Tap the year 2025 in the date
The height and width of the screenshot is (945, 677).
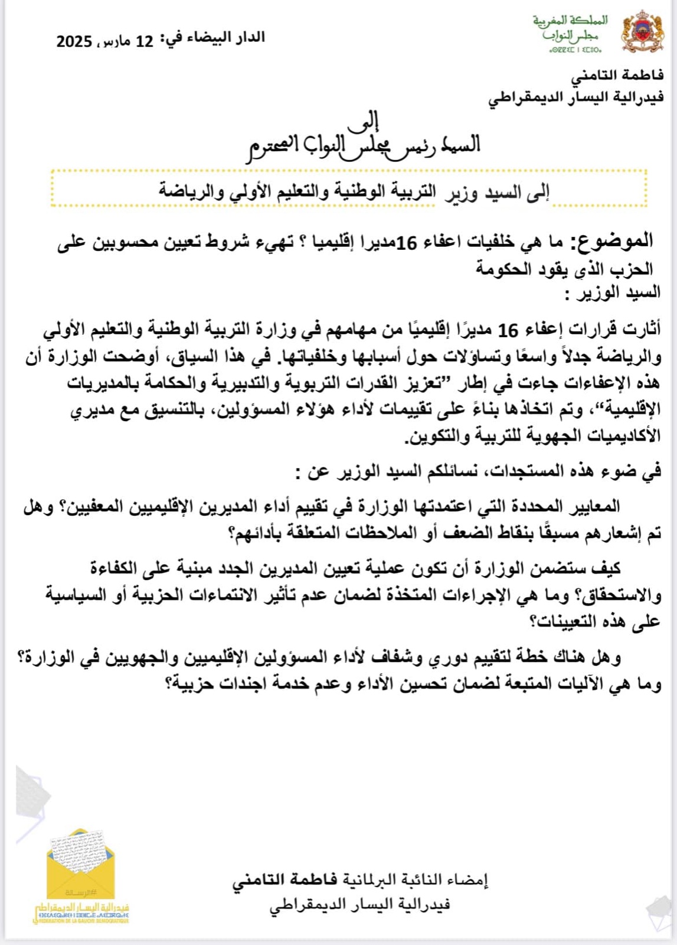pyautogui.click(x=74, y=41)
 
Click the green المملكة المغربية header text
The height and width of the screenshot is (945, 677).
pyautogui.click(x=570, y=21)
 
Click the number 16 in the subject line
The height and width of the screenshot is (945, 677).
pyautogui.click(x=406, y=242)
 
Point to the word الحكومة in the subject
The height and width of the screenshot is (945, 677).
pyautogui.click(x=502, y=269)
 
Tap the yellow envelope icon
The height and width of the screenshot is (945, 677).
pyautogui.click(x=81, y=863)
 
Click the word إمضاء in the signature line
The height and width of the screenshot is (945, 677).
pyautogui.click(x=467, y=881)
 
